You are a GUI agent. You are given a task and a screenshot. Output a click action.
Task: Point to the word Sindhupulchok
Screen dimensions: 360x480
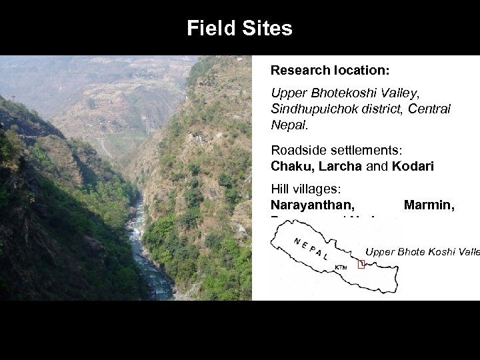(x=309, y=108)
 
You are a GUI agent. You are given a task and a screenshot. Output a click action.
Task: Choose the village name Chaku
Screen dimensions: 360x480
(x=288, y=166)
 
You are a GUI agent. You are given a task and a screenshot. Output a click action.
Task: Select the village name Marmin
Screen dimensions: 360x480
(x=429, y=207)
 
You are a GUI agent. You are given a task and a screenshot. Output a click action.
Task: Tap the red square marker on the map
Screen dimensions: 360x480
(x=361, y=264)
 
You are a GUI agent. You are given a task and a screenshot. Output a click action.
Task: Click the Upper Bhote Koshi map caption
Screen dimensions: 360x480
(x=422, y=252)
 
